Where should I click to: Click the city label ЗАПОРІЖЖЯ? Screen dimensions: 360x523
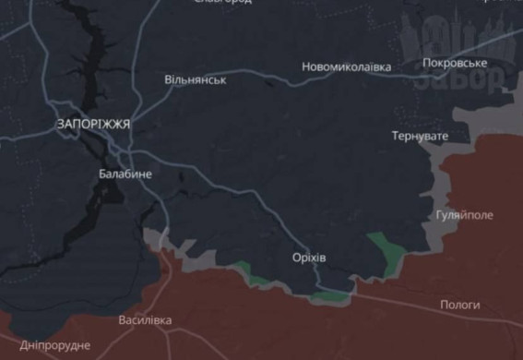click(x=93, y=124)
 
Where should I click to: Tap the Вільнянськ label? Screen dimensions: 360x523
click(x=196, y=80)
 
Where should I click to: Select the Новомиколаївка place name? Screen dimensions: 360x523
click(x=347, y=67)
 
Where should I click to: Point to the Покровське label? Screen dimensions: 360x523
click(x=454, y=63)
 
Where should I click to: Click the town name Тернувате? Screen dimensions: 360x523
click(x=420, y=136)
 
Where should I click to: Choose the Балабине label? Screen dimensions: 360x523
click(x=125, y=173)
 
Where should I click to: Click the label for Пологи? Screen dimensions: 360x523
click(x=459, y=304)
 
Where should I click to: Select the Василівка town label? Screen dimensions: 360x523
click(x=145, y=320)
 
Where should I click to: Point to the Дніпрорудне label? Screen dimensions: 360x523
click(x=54, y=344)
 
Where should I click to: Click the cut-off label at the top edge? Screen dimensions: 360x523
click(x=222, y=3)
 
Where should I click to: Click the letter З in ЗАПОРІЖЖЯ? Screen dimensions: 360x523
click(x=60, y=124)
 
